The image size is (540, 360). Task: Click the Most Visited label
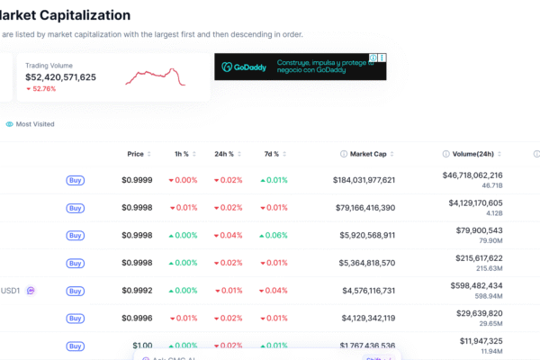click(x=35, y=124)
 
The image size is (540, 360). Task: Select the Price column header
click(x=136, y=154)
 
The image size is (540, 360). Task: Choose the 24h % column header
click(x=224, y=154)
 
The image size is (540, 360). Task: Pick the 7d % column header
click(x=271, y=154)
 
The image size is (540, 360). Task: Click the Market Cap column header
click(x=367, y=154)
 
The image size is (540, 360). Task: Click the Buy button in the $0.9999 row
click(x=76, y=180)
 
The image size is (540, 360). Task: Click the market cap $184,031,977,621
click(x=351, y=180)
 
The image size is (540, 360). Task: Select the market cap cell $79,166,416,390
click(x=354, y=208)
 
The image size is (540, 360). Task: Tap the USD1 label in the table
click(x=11, y=291)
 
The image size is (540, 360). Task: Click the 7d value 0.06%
click(x=274, y=236)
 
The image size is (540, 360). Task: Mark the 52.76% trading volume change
click(x=42, y=89)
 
